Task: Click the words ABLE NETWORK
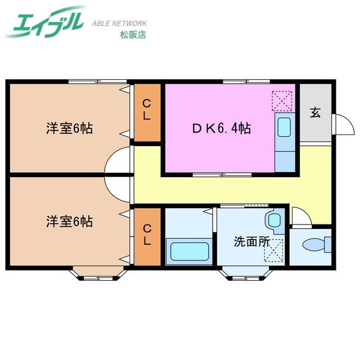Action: pyautogui.click(x=119, y=24)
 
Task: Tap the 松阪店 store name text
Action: pyautogui.click(x=133, y=35)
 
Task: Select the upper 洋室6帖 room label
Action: pyautogui.click(x=70, y=128)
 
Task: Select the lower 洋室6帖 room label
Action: pyautogui.click(x=70, y=222)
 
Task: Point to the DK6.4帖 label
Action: pyautogui.click(x=221, y=128)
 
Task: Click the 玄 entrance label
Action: pyautogui.click(x=315, y=112)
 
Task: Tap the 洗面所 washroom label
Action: pyautogui.click(x=251, y=241)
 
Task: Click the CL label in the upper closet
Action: pyautogui.click(x=147, y=110)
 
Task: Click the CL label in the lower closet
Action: pyautogui.click(x=147, y=235)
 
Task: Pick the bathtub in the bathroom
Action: pyautogui.click(x=190, y=251)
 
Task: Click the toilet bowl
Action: pyautogui.click(x=317, y=245)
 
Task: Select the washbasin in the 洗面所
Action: pyautogui.click(x=274, y=221)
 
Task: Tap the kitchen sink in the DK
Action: pyautogui.click(x=284, y=127)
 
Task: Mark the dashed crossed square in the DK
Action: pyautogui.click(x=282, y=101)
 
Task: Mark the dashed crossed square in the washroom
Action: pyautogui.click(x=274, y=250)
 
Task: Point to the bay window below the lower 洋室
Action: pyautogui.click(x=98, y=273)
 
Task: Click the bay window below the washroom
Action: pyautogui.click(x=246, y=273)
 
